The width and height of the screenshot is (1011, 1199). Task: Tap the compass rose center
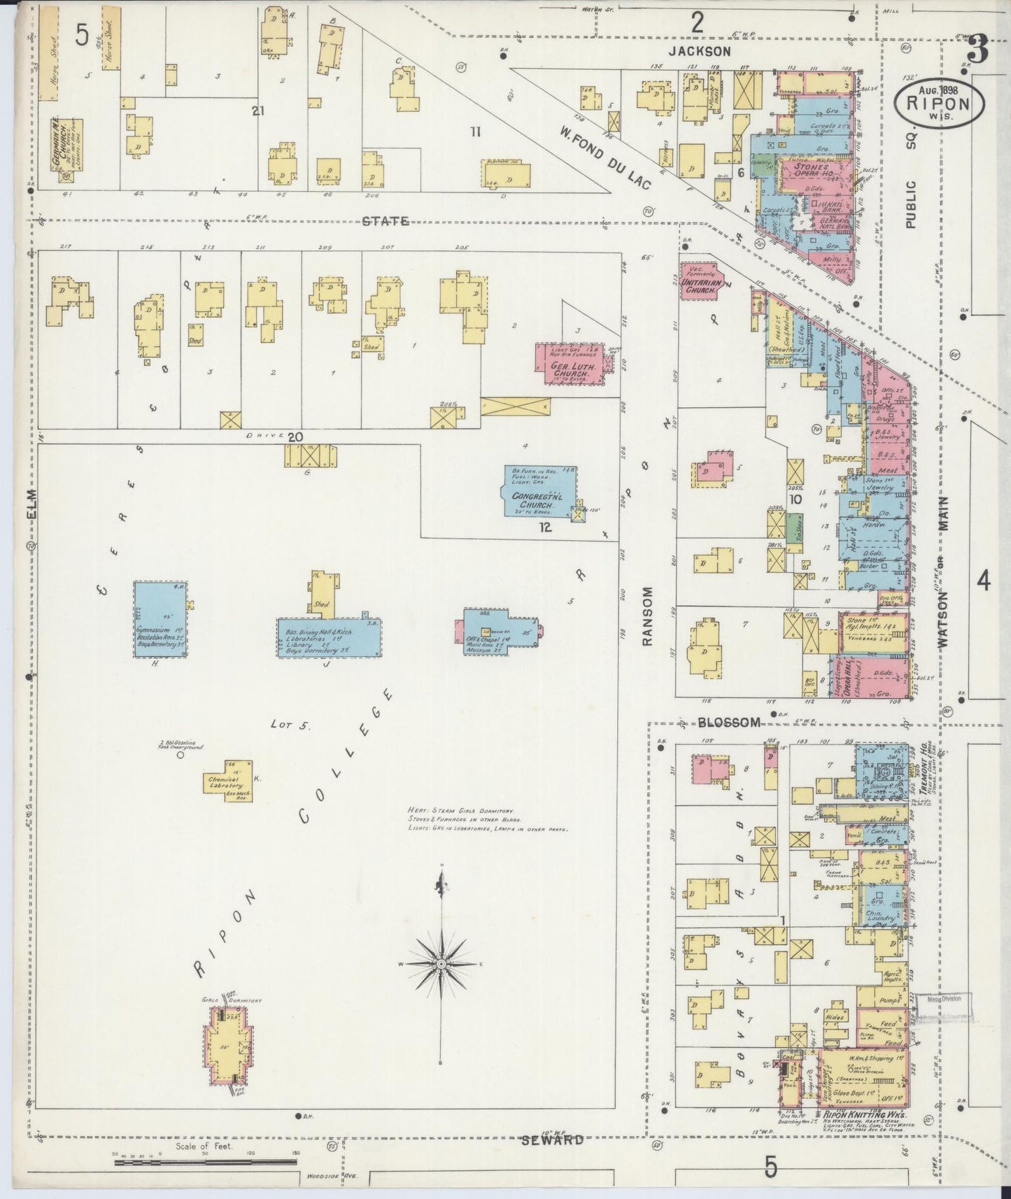coord(441,965)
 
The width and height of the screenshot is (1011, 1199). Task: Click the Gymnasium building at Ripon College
coord(161,619)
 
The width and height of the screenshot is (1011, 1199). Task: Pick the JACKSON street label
coord(698,51)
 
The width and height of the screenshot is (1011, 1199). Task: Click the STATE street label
coord(385,221)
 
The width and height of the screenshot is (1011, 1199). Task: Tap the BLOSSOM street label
coord(728,723)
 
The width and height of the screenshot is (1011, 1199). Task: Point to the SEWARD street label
coord(553,1140)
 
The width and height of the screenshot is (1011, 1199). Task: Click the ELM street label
coord(31,504)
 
